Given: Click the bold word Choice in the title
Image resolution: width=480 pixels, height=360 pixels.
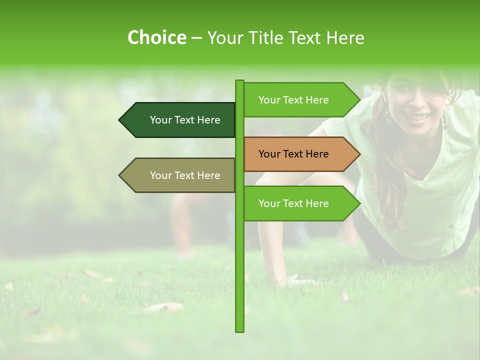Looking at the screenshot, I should coord(156,38).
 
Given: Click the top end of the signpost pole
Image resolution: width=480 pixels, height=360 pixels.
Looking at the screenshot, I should coord(239,81).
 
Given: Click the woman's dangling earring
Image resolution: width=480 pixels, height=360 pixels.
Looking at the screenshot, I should coord(444,120).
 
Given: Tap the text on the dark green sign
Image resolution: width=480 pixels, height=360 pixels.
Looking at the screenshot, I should coord(185,120).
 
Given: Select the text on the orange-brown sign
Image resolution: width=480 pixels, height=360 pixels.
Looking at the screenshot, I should coord(293,154).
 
